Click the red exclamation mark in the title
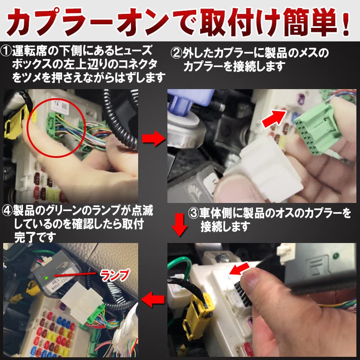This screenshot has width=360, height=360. pos(345,22)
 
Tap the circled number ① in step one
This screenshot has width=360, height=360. pos(6,51)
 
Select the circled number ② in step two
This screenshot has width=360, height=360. pos(176,53)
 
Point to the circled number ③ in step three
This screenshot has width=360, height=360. pos(193,213)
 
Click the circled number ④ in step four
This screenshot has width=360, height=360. pos(7,211)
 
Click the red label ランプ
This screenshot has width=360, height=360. pos(115,275)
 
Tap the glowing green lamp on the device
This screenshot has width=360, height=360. pos(46,278)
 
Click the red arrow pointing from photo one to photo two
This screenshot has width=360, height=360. pos(153,139)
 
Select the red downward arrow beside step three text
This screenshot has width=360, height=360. pos(180,225)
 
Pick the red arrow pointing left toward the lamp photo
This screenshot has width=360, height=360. pos(153,299)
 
